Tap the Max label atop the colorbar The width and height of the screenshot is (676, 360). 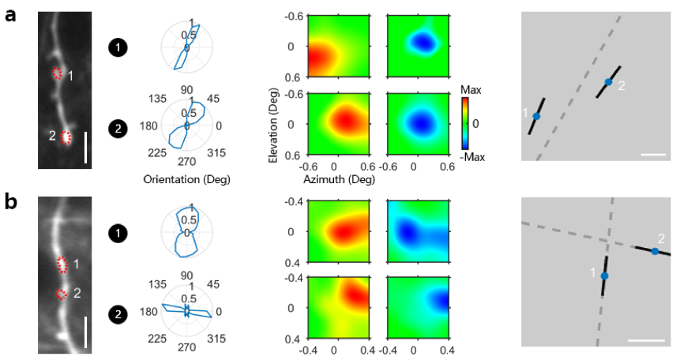[471, 90]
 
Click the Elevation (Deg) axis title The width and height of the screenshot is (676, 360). [274, 124]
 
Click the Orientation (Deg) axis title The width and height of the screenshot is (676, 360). [186, 178]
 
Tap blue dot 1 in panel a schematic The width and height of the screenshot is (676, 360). [536, 116]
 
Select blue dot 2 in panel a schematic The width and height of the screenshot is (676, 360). [608, 81]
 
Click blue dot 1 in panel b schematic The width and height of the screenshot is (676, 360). [605, 276]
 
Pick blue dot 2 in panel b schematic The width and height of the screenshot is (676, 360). [655, 251]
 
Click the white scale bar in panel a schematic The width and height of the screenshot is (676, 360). [654, 155]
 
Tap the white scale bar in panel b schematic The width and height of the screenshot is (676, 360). [645, 340]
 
